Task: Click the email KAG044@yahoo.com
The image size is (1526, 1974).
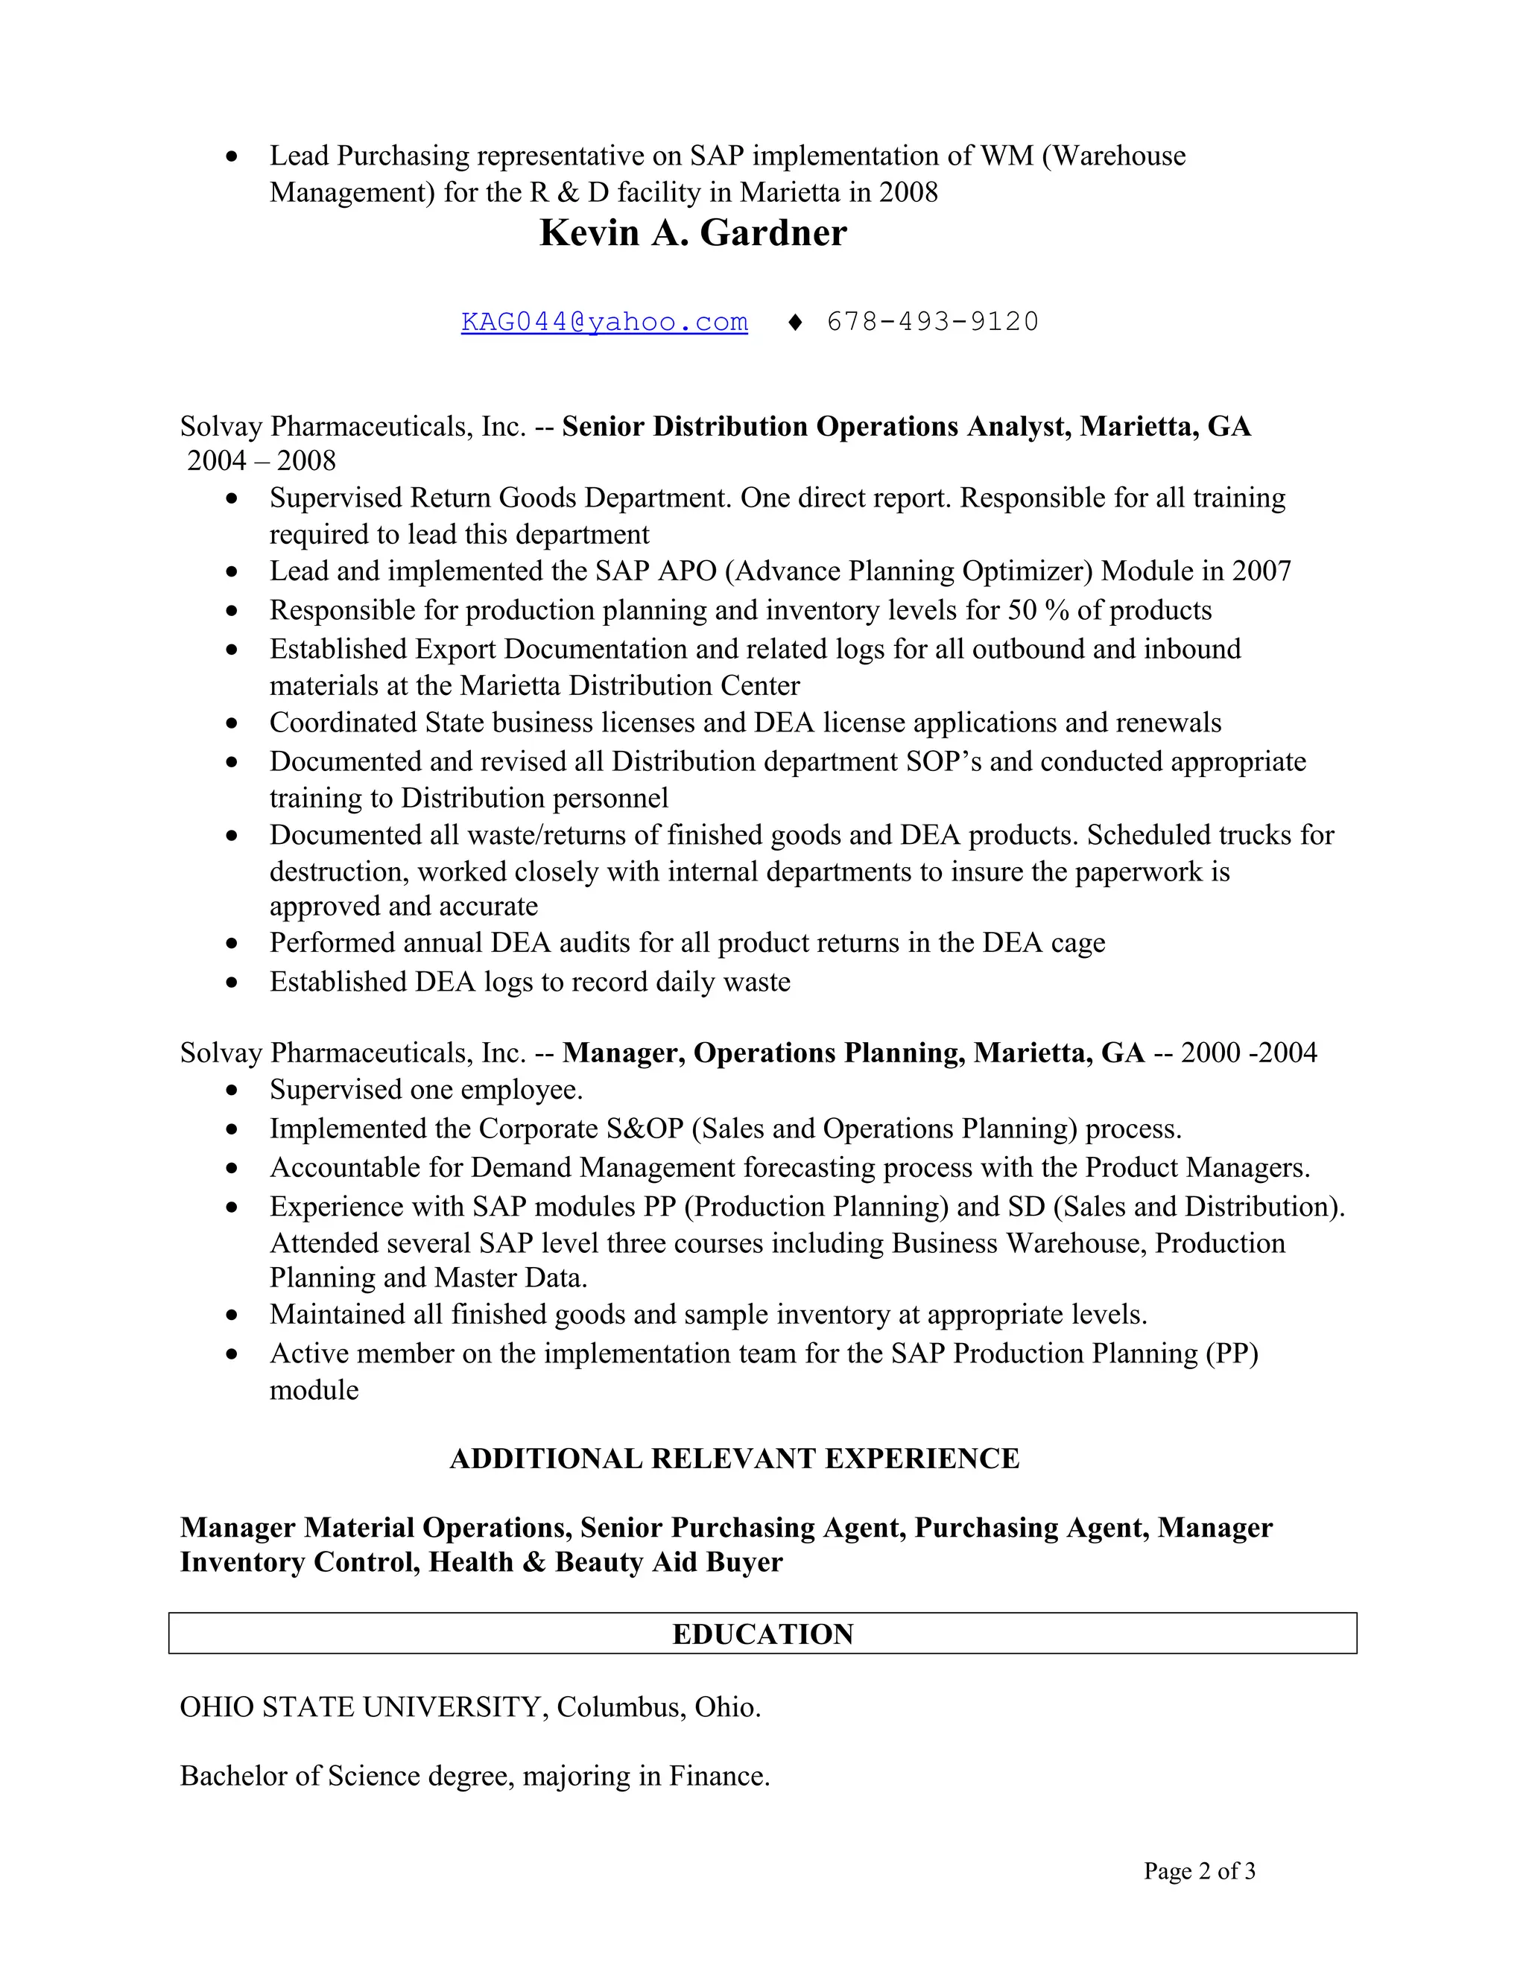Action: point(604,322)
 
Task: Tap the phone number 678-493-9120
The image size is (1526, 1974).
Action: point(932,322)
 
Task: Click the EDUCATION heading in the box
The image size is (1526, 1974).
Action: point(762,1634)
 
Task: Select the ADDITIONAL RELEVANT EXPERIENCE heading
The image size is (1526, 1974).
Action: point(734,1459)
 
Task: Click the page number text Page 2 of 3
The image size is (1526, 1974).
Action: point(1199,1871)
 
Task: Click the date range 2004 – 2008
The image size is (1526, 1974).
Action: point(262,461)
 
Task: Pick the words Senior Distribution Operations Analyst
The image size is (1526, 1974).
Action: point(817,427)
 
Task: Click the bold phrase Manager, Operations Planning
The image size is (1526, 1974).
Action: point(763,1053)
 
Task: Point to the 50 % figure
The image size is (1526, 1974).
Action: point(1038,611)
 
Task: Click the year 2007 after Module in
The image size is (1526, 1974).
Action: point(1261,571)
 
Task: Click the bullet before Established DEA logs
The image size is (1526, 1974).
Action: point(232,983)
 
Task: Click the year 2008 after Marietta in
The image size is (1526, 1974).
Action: point(908,192)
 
